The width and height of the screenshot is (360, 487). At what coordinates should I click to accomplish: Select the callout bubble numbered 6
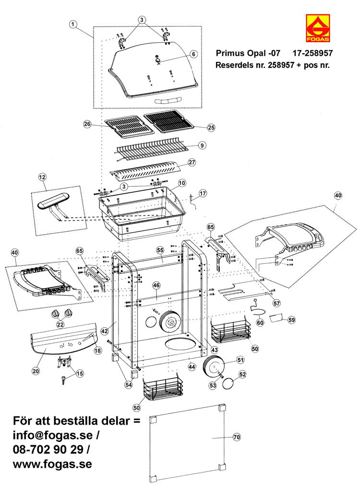coord(193,54)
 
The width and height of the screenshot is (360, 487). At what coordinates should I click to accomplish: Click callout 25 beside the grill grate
coord(211,128)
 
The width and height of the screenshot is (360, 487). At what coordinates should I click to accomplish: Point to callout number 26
coord(87,124)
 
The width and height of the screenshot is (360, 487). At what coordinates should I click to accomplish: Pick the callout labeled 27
coord(192,163)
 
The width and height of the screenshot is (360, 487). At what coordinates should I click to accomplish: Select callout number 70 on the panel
coord(236,437)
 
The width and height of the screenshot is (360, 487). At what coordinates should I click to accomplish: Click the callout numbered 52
coord(242,374)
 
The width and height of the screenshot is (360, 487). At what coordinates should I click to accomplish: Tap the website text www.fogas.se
coord(52,464)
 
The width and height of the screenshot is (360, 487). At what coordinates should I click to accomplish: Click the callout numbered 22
coord(60,325)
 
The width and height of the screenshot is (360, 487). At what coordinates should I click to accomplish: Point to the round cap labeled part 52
coord(230,383)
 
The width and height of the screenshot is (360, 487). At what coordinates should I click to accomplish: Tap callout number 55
coord(160,250)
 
